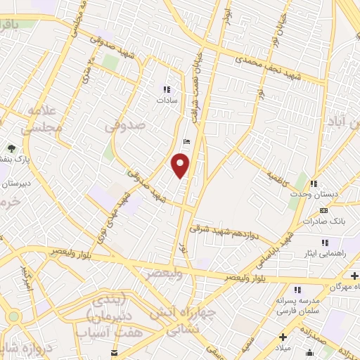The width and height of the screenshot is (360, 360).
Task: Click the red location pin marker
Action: pyautogui.click(x=181, y=166)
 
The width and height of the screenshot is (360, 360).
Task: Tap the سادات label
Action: pyautogui.click(x=167, y=101)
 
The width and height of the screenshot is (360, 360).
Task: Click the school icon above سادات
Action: pyautogui.click(x=167, y=89)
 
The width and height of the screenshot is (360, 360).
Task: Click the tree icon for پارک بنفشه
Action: pyautogui.click(x=11, y=148)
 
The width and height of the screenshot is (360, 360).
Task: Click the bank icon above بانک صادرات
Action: pyautogui.click(x=323, y=210)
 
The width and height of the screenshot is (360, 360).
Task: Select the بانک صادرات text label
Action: pyautogui.click(x=321, y=221)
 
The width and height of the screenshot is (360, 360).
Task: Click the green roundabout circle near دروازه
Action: pyautogui.click(x=13, y=316)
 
